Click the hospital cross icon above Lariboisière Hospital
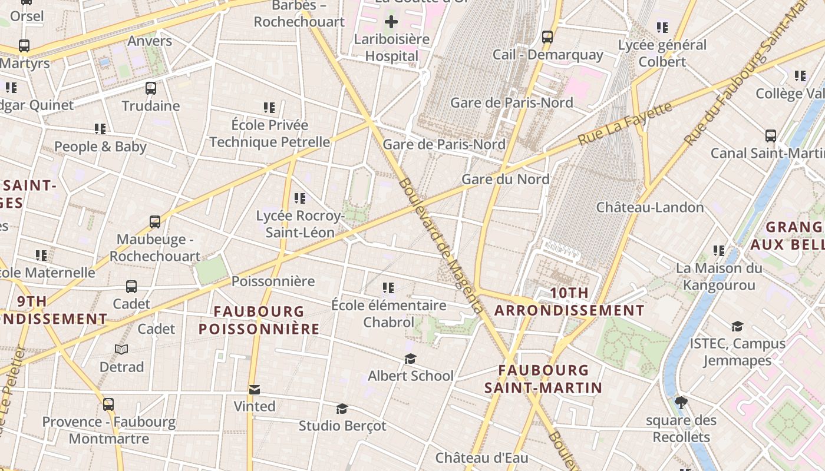click(x=391, y=22)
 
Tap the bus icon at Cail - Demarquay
click(x=547, y=37)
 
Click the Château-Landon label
click(x=650, y=207)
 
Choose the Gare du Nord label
click(x=506, y=179)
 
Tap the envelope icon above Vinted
click(x=255, y=390)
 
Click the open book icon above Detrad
click(x=121, y=350)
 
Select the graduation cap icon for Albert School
click(x=410, y=359)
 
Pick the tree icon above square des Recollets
click(x=681, y=403)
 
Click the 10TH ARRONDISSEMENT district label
click(x=569, y=301)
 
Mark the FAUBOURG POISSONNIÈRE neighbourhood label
click(x=259, y=320)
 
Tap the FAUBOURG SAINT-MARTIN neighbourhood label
click(x=543, y=379)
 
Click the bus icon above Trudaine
click(x=151, y=88)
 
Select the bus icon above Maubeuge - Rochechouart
click(x=155, y=222)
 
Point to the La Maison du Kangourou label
click(x=718, y=277)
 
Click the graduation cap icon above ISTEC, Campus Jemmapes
click(x=737, y=326)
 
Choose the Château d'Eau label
click(x=481, y=457)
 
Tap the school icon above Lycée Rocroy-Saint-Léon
click(x=300, y=198)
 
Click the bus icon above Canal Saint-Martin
click(x=770, y=136)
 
